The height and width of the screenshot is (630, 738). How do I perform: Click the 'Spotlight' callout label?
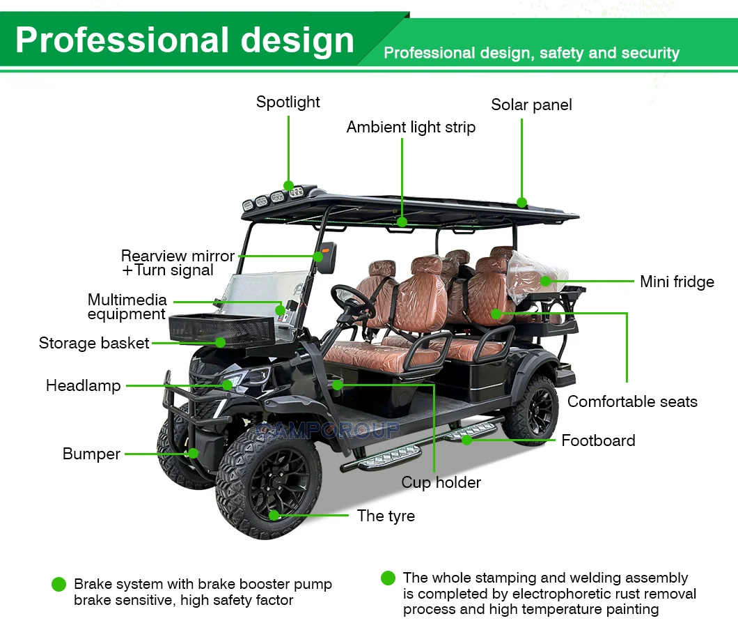(x=288, y=102)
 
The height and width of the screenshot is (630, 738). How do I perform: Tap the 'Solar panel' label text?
(x=531, y=105)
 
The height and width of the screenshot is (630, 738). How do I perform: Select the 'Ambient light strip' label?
(x=411, y=127)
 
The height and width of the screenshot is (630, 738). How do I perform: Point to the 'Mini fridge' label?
(x=677, y=282)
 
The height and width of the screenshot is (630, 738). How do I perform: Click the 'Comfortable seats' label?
(x=632, y=401)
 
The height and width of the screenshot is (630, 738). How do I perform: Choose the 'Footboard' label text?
(x=598, y=440)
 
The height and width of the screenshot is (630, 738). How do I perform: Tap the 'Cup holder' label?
(x=441, y=482)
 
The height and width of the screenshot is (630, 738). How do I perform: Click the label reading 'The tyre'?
(x=386, y=516)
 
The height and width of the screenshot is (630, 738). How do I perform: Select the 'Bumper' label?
(x=91, y=454)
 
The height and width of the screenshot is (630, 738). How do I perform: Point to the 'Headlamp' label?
(x=83, y=385)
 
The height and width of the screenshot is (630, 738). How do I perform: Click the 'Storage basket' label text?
(x=94, y=343)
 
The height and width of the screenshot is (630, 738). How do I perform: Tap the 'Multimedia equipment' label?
(x=127, y=307)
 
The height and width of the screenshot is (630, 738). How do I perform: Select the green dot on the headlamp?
(x=227, y=385)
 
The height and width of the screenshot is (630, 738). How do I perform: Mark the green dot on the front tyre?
(x=274, y=515)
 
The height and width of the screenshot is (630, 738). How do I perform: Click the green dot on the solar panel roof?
(x=522, y=203)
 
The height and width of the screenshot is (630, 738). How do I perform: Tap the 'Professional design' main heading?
(x=184, y=40)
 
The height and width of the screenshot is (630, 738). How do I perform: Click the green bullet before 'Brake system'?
(x=58, y=585)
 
